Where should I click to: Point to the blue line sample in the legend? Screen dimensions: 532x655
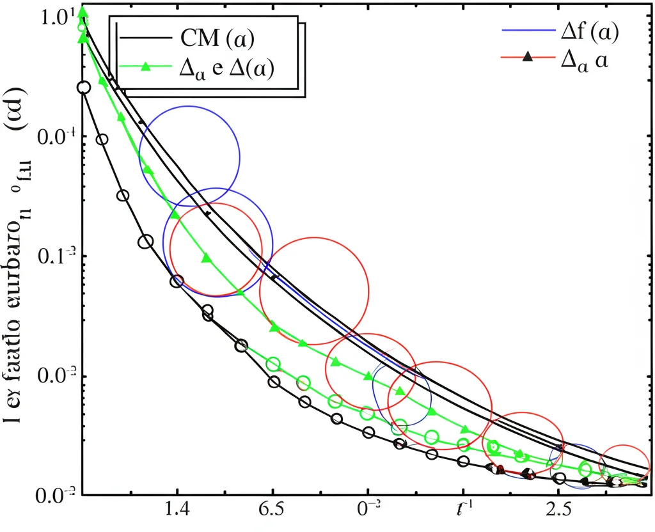tap(526, 29)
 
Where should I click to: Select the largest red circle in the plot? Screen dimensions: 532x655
tap(314, 290)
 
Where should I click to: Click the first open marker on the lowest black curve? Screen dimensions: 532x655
tap(83, 88)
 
